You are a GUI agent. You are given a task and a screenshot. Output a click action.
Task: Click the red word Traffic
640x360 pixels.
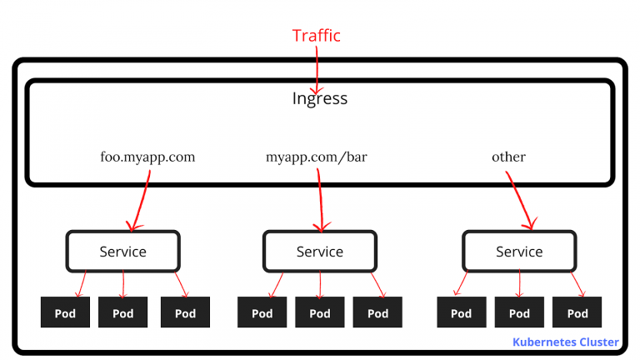tap(317, 36)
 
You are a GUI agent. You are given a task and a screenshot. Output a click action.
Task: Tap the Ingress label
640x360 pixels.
tap(320, 99)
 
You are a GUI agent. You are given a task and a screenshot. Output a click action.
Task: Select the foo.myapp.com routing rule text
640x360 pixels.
tap(147, 157)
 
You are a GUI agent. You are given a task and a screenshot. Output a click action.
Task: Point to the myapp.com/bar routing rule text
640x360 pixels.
tap(317, 157)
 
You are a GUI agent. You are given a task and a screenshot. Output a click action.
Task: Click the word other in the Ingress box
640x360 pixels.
tap(508, 157)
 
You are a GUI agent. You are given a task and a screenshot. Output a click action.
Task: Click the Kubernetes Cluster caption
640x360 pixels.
tap(566, 342)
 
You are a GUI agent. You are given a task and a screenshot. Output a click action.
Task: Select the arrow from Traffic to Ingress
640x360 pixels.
tap(317, 70)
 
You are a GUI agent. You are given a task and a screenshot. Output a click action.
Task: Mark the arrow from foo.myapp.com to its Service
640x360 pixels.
tap(140, 201)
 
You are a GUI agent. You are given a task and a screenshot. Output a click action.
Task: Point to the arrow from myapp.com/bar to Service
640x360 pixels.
tap(320, 201)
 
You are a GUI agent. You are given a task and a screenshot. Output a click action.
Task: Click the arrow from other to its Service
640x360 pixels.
tap(519, 200)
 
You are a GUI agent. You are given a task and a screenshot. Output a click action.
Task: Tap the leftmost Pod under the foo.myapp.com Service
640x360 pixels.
tap(65, 312)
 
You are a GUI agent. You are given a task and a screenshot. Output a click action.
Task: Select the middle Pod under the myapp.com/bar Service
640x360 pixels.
tap(320, 312)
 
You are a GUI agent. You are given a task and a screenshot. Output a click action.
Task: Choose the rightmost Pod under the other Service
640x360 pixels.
tap(577, 312)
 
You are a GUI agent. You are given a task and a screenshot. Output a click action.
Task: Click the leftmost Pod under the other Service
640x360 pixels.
tap(462, 312)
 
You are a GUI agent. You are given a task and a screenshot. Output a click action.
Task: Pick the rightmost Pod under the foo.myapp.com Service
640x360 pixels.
tap(185, 312)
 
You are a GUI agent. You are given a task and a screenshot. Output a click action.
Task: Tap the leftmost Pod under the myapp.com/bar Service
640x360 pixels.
tap(262, 312)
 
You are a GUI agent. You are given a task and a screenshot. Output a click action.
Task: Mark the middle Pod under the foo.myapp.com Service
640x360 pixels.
tap(122, 312)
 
